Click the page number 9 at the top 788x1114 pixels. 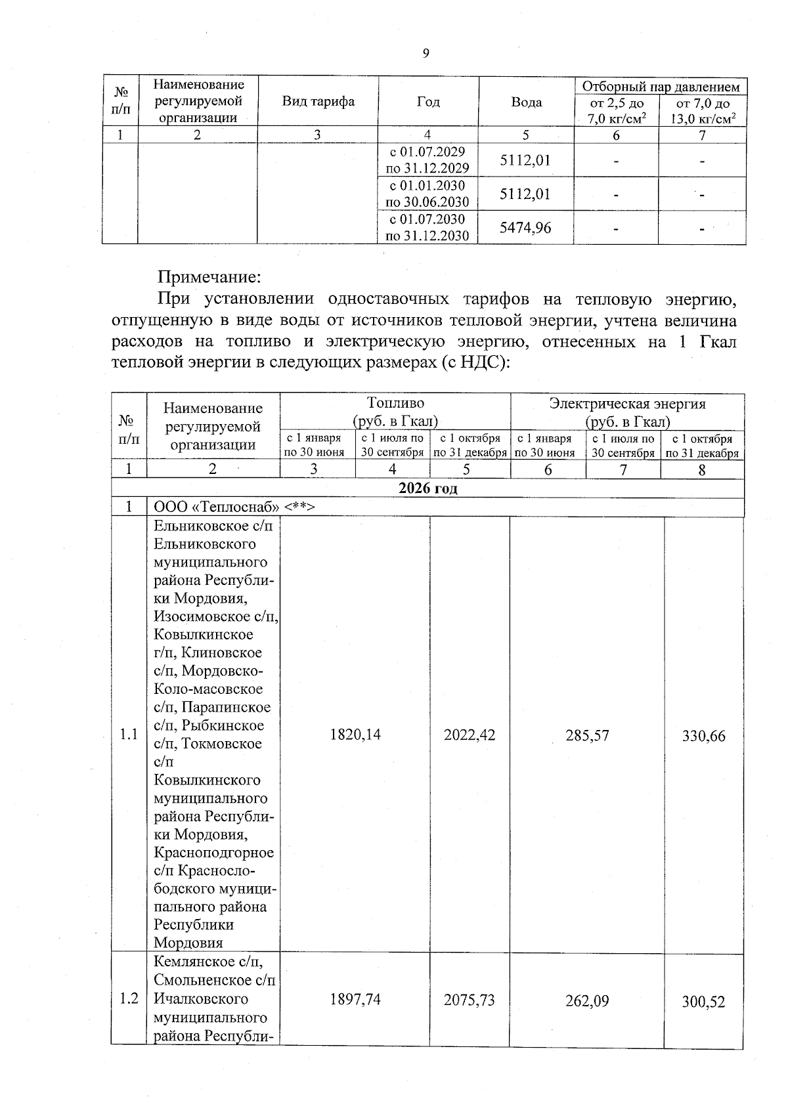click(x=426, y=54)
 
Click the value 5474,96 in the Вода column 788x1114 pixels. click(x=525, y=228)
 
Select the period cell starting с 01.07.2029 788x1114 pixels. click(x=427, y=160)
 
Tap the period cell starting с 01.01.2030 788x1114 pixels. click(x=427, y=194)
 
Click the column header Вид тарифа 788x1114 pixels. click(x=318, y=101)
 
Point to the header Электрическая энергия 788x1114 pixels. click(x=627, y=404)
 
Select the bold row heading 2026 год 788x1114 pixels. click(x=427, y=488)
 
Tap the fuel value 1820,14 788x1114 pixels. click(x=355, y=735)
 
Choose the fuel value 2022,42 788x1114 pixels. click(x=470, y=735)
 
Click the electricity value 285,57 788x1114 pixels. click(x=588, y=735)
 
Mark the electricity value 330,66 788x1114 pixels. click(x=703, y=736)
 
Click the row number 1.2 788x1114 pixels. click(x=129, y=998)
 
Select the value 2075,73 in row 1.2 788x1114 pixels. click(x=470, y=1000)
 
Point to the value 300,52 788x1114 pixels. click(x=703, y=1002)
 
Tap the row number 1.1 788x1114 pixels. click(x=129, y=735)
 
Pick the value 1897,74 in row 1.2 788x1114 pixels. click(x=355, y=999)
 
